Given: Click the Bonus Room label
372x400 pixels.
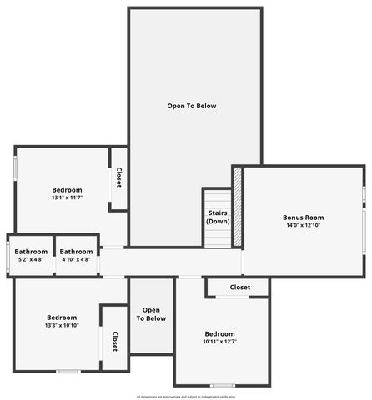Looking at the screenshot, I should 303,217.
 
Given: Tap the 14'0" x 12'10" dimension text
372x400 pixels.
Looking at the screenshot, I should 303,226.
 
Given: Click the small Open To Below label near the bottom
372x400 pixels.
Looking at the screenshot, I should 151,314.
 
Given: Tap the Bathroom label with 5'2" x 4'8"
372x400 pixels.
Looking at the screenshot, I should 31,252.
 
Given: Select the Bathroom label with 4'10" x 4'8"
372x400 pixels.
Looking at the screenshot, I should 76,252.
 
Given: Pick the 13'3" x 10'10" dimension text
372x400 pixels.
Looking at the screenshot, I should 62,326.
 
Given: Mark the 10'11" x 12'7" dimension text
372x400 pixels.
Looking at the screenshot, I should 220,342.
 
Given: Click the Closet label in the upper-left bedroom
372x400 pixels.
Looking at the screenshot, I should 118,177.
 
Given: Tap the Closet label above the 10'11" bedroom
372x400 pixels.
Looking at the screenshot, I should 240,287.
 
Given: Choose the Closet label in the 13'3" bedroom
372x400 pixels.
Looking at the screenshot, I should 115,341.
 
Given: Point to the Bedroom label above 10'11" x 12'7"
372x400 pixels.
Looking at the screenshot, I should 220,333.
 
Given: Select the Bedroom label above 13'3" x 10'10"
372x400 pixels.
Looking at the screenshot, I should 62,317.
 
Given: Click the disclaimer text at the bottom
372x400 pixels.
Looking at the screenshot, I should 186,396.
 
